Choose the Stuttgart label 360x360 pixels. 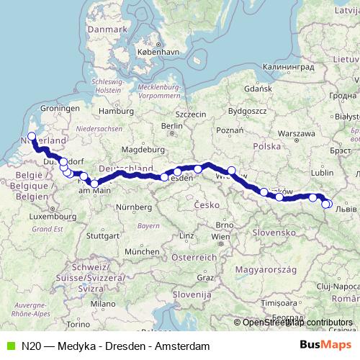(102, 235)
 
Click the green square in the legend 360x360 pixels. (9, 346)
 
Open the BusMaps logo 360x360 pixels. (325, 345)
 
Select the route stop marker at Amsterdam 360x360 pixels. (32, 135)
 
